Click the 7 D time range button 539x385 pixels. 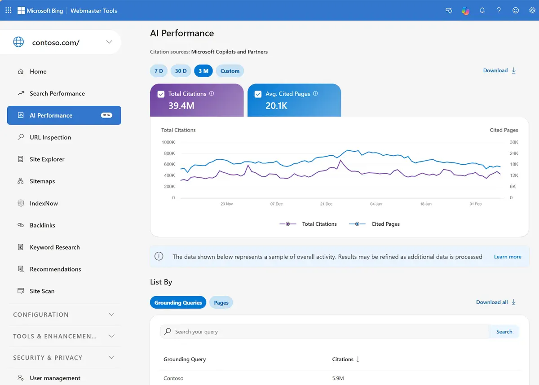[x=159, y=71]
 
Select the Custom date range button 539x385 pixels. [x=230, y=71]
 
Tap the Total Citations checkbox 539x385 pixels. [x=161, y=94]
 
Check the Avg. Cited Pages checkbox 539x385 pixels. [x=258, y=94]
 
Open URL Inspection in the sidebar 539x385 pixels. [x=50, y=137]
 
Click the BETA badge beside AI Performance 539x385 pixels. [x=106, y=115]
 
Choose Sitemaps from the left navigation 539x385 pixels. [x=42, y=181]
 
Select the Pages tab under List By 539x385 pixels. [x=221, y=303]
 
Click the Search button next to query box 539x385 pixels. [x=504, y=332]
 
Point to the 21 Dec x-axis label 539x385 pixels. [x=326, y=204]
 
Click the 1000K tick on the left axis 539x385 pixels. [x=168, y=142]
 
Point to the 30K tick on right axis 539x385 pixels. [x=514, y=142]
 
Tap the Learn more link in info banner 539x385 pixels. [x=508, y=257]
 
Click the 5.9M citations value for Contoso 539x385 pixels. [x=338, y=378]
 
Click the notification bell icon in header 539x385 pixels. [x=482, y=10]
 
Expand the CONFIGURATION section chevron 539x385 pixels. [x=111, y=315]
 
